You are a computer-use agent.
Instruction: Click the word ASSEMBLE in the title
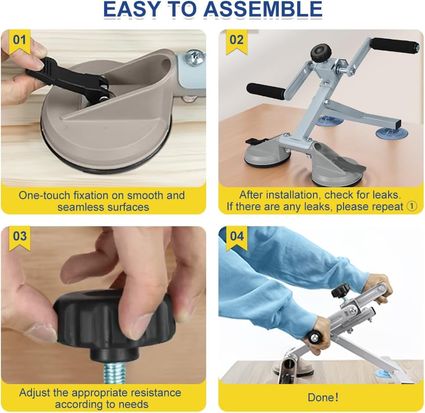click(263, 9)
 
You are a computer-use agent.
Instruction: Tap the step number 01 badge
click(20, 41)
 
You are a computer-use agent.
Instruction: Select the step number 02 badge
click(237, 41)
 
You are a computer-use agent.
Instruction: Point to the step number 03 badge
click(20, 238)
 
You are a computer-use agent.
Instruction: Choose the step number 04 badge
click(237, 238)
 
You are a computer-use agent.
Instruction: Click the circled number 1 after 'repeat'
click(412, 206)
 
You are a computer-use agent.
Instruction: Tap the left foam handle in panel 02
click(266, 91)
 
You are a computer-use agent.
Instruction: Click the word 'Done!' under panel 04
click(323, 398)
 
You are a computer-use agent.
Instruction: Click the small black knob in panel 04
click(341, 291)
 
